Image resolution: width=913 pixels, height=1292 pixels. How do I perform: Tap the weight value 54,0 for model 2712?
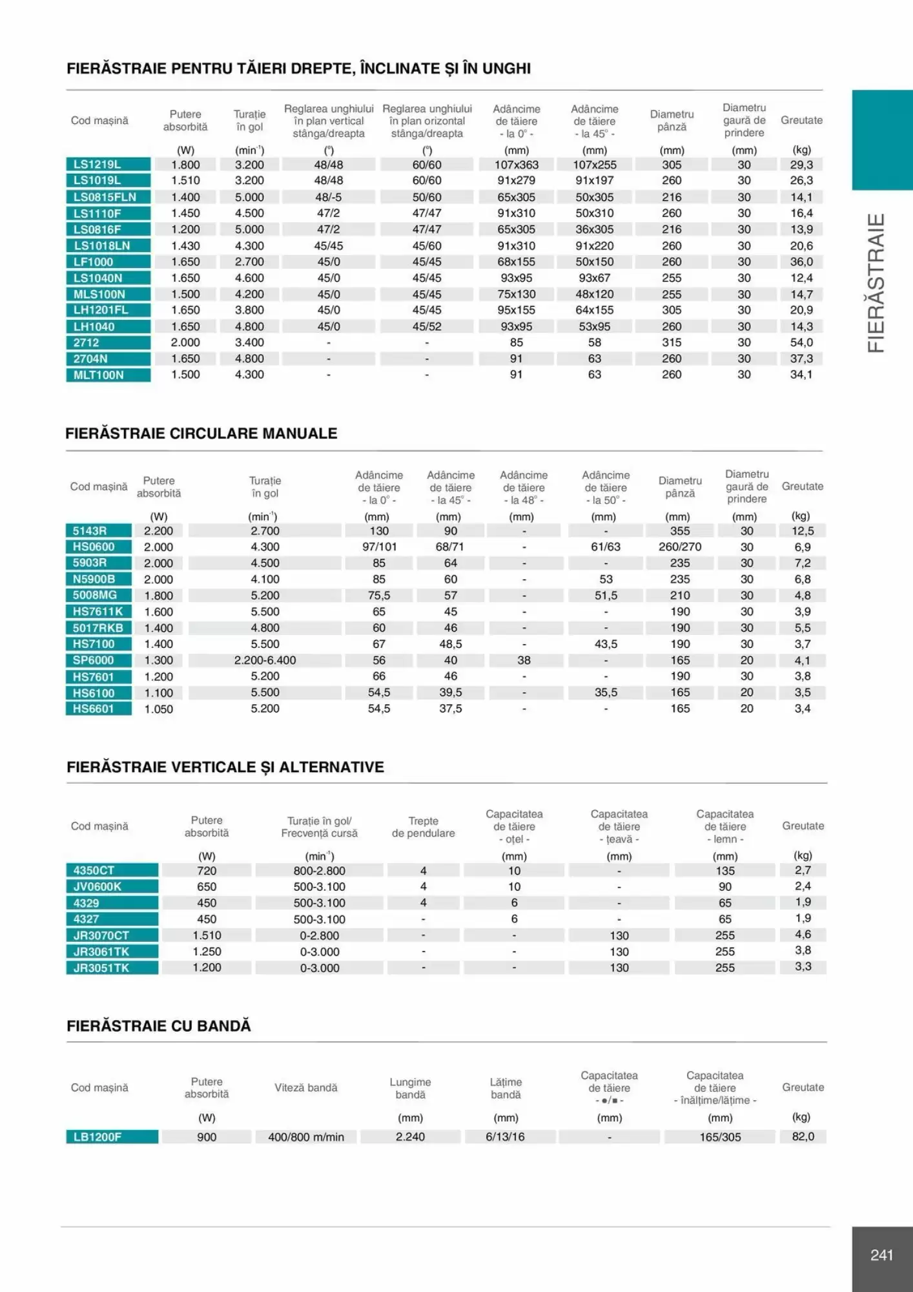tap(801, 342)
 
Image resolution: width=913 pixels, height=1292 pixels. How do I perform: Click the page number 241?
tap(881, 1255)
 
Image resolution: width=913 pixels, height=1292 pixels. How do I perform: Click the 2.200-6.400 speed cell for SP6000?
tap(265, 660)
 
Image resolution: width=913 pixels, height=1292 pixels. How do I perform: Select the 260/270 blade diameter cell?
tap(680, 547)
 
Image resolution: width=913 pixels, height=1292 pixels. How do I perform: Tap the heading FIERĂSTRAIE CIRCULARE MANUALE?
tap(201, 433)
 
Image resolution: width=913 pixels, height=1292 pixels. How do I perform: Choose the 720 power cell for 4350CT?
tap(207, 871)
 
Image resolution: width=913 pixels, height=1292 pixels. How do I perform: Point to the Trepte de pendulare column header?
tap(423, 827)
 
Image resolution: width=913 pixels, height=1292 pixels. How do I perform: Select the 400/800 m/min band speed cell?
tap(306, 1137)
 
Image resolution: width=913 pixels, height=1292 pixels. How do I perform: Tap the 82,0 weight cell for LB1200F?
tap(803, 1136)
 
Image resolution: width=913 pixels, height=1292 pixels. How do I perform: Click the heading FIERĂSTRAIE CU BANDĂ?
tap(159, 1026)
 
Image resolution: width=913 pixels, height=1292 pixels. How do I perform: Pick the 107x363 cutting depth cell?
tap(517, 165)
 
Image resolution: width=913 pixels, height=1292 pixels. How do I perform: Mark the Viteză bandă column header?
tap(306, 1088)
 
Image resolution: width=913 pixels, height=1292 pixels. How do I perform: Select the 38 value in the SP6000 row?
tap(524, 660)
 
